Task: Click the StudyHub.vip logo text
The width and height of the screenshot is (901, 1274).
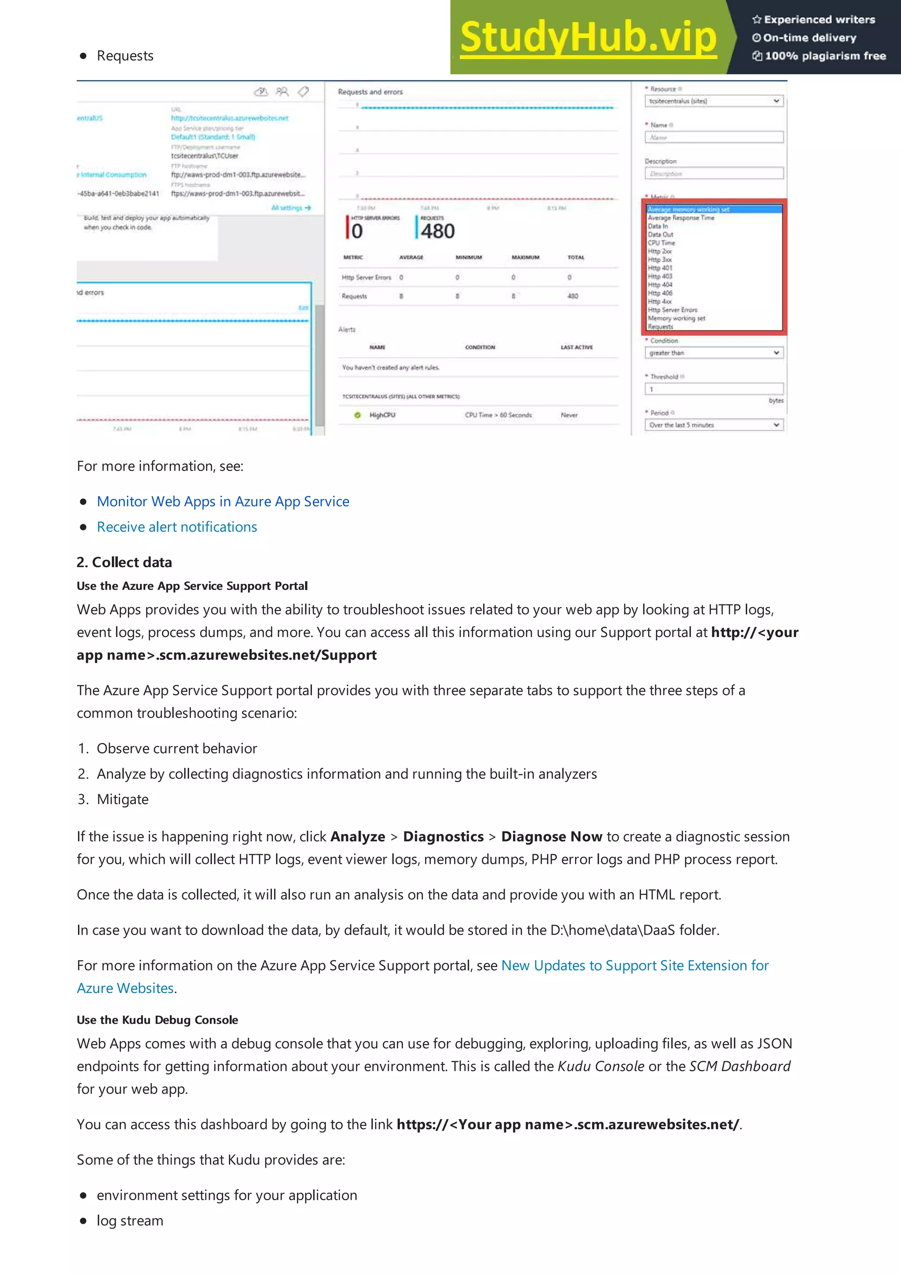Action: (x=588, y=37)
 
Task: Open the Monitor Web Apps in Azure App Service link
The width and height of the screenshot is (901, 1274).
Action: (x=223, y=502)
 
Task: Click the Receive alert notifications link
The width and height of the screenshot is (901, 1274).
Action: (x=176, y=527)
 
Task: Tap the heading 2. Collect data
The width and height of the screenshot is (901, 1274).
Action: (x=125, y=562)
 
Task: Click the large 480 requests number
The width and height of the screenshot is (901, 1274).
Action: (x=437, y=231)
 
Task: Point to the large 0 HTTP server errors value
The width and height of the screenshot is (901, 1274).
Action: (x=357, y=231)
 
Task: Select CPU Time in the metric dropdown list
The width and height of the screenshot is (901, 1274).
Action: (x=661, y=243)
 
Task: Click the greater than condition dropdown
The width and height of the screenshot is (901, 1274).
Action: (x=713, y=353)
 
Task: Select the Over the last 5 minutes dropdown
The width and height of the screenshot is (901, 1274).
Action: (x=713, y=425)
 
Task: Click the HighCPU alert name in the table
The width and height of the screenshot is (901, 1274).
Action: (x=382, y=415)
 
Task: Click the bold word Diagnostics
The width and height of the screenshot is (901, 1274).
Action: (x=443, y=837)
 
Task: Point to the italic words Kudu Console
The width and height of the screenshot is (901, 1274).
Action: (x=601, y=1067)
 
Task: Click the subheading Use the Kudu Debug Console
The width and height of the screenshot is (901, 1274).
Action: (x=157, y=1020)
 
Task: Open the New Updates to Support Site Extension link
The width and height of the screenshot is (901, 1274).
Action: (x=634, y=966)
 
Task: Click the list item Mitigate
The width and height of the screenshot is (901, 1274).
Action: (x=123, y=800)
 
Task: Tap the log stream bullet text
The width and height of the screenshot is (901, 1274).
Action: (x=130, y=1221)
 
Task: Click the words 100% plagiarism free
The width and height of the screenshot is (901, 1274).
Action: (x=825, y=56)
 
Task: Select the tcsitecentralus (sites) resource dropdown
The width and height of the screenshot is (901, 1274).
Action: (x=713, y=101)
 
